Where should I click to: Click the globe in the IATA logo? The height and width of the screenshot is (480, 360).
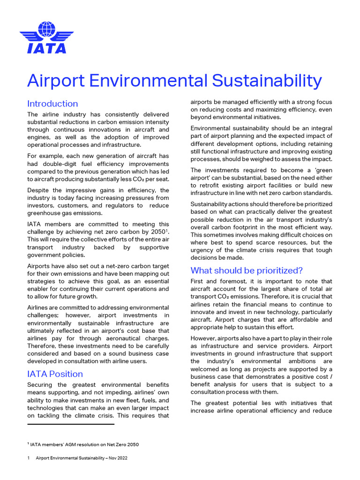pos(46,29)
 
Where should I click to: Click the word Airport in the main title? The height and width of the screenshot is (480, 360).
pos(55,81)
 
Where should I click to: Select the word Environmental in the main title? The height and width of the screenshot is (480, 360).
pos(148,81)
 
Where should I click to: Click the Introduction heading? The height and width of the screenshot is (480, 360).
pos(52,104)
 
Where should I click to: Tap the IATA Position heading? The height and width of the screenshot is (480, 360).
pos(55,374)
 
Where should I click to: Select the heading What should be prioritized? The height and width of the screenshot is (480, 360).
pos(247,270)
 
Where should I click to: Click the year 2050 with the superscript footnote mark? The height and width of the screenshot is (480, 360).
pos(157,232)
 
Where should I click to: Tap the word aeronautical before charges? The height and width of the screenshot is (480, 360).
pos(124,338)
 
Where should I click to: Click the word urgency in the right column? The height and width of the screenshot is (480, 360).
pos(204,250)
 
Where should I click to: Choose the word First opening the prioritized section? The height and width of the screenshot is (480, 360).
pos(199,281)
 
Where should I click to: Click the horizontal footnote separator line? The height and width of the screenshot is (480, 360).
pos(71,424)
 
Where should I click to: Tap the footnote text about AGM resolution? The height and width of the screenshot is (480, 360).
pos(84,444)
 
